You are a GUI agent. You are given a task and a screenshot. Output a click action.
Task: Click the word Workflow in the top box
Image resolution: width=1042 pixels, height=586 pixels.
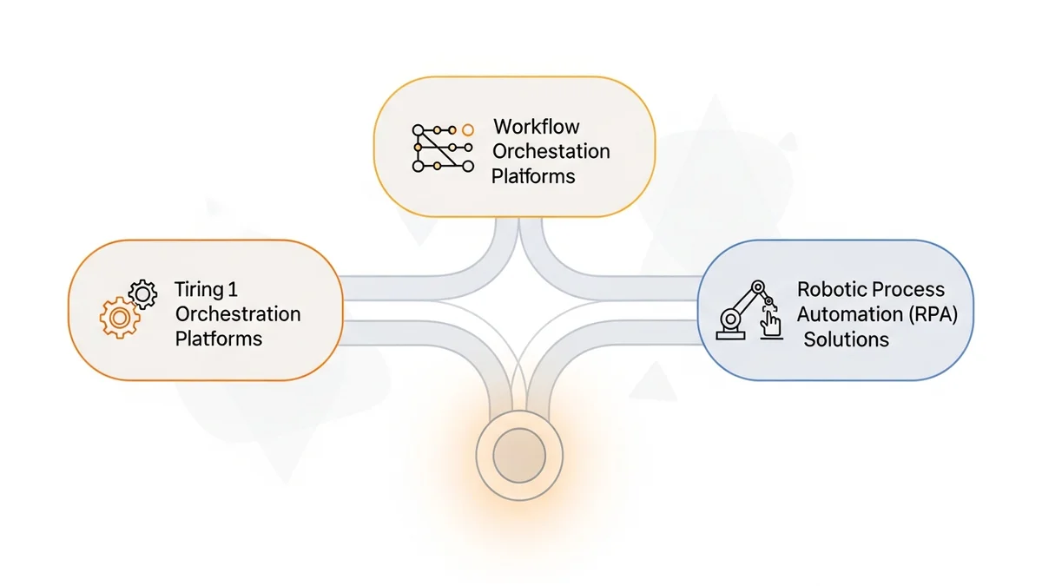point(536,127)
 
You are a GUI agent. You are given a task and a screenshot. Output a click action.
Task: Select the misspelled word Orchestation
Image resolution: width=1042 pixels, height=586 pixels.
point(551,151)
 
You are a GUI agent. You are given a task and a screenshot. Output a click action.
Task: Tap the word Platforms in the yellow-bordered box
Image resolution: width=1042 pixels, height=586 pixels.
point(533,176)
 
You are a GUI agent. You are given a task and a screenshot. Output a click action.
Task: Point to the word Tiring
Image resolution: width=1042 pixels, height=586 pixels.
point(199,288)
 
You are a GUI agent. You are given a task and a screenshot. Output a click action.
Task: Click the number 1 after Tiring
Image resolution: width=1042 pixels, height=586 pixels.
point(232,288)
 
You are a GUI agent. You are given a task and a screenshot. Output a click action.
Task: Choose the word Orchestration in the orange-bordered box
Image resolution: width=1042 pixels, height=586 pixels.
point(238,313)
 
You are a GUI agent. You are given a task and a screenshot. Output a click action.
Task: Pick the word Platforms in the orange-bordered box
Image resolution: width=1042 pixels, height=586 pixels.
point(219,339)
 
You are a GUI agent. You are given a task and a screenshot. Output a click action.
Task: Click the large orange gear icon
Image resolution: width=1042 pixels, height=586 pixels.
point(120,319)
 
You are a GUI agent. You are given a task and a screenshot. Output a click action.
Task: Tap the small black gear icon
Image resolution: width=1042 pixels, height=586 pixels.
point(142,293)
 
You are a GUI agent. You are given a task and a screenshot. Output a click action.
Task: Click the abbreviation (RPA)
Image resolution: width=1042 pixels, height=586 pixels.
point(933,314)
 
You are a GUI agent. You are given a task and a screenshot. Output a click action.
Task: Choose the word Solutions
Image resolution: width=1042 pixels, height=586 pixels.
point(846,339)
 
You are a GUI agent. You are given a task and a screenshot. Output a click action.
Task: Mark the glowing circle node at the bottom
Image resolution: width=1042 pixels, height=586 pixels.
point(519,454)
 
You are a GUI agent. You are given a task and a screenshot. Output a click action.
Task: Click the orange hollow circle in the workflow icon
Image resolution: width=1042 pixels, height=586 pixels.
point(468,130)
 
